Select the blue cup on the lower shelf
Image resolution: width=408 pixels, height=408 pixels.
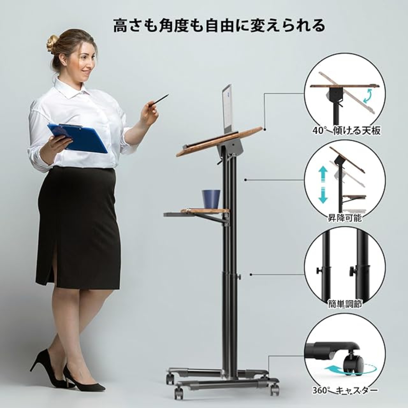click(x=211, y=199)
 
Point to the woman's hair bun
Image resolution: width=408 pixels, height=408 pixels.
click(x=52, y=44)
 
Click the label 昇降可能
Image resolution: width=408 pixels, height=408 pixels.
click(x=345, y=218)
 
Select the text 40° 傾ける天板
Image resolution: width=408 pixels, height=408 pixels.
click(x=346, y=131)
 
